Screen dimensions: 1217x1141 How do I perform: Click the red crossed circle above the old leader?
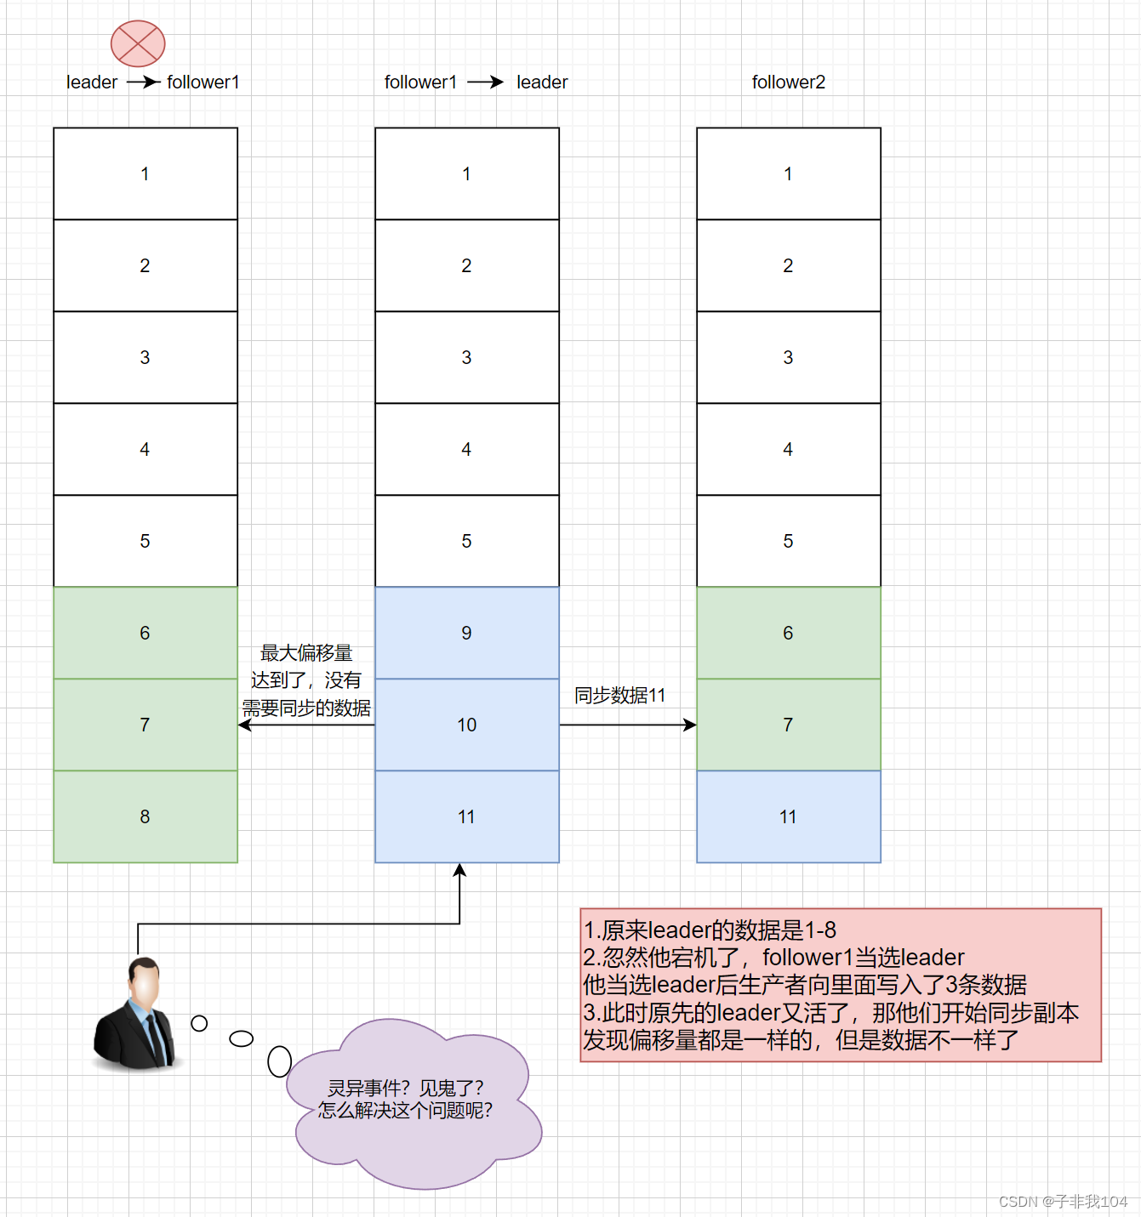pyautogui.click(x=138, y=43)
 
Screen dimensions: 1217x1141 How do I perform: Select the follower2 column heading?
pyautogui.click(x=788, y=82)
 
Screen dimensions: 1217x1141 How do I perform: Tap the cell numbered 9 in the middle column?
pyautogui.click(x=466, y=633)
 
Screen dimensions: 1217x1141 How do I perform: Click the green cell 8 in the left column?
pyautogui.click(x=145, y=816)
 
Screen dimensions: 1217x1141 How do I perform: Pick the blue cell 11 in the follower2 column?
pyautogui.click(x=788, y=816)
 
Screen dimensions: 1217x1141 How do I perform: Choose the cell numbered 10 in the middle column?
pyautogui.click(x=466, y=725)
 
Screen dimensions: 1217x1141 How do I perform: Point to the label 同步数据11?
pyautogui.click(x=619, y=696)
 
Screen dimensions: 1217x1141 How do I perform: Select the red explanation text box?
pyautogui.click(x=840, y=985)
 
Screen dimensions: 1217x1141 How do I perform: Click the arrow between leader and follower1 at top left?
pyautogui.click(x=143, y=82)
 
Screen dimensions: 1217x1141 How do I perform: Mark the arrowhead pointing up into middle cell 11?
pyautogui.click(x=459, y=870)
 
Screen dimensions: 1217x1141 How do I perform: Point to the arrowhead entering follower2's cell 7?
pyautogui.click(x=690, y=725)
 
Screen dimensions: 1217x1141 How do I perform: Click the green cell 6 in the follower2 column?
pyautogui.click(x=788, y=633)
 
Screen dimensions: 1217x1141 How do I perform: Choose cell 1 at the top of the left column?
pyautogui.click(x=145, y=173)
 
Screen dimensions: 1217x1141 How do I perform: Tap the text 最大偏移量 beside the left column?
pyautogui.click(x=306, y=653)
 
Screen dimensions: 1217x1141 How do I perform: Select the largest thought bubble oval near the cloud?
pyautogui.click(x=279, y=1061)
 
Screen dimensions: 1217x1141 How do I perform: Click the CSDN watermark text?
pyautogui.click(x=1063, y=1201)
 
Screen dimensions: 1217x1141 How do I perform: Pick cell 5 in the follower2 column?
pyautogui.click(x=788, y=541)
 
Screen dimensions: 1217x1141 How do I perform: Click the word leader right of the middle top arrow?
pyautogui.click(x=542, y=82)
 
